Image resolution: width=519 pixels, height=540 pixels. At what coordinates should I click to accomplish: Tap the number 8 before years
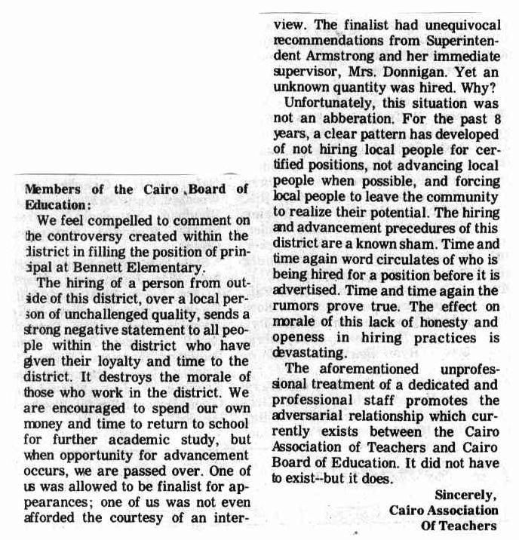click(x=493, y=119)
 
